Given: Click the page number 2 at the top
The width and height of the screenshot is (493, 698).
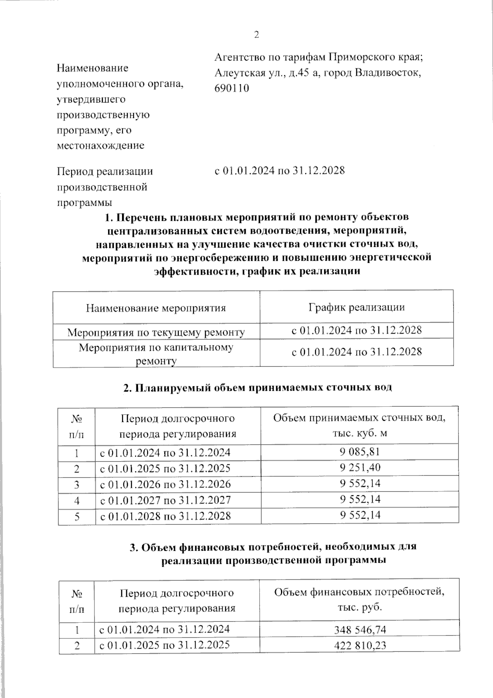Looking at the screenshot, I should pos(257,35).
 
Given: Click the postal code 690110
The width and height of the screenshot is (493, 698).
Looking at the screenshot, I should pos(232,88).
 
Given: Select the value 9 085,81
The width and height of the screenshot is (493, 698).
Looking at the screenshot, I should pos(359,452).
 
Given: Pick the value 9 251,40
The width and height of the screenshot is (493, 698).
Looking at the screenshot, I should pos(359,468).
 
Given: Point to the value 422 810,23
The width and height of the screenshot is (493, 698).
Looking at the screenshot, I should pos(359,645).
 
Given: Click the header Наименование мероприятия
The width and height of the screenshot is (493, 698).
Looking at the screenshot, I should pos(156,308).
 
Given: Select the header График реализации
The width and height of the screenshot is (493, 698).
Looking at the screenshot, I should pos(356,307).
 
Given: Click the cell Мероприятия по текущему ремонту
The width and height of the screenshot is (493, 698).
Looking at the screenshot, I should pos(156,332).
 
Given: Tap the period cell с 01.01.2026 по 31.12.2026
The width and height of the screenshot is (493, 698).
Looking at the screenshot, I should pos(165,484).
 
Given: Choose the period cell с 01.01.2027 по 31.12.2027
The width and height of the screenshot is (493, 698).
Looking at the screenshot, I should pos(165,500).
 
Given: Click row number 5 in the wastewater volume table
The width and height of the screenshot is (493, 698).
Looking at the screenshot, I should pos(77,516).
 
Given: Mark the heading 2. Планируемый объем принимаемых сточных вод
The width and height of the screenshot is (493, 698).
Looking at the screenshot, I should pos(258,387).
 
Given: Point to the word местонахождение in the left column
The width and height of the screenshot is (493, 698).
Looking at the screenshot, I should pos(101,145).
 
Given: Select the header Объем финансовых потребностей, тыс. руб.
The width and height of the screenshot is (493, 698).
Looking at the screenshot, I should pos(359,599).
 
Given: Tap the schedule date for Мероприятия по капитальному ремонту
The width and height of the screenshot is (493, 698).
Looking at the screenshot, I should pos(356,352).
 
